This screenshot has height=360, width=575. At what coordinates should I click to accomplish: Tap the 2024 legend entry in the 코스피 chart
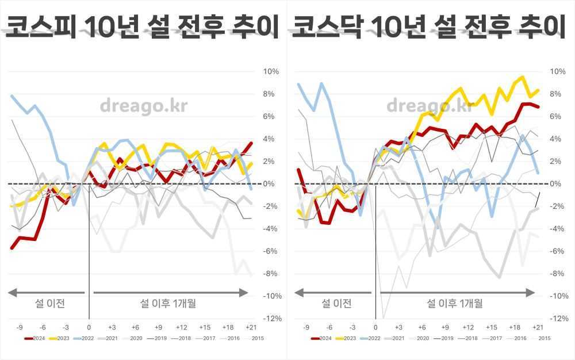(35, 338)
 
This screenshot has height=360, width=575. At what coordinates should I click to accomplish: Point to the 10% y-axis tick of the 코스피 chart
(270, 72)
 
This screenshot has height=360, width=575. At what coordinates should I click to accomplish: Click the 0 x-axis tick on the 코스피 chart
(89, 327)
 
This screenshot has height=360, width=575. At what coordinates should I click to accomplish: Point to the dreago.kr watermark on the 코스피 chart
(143, 106)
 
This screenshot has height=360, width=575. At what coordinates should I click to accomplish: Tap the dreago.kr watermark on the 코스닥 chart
(430, 106)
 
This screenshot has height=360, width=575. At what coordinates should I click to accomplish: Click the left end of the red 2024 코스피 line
(11, 248)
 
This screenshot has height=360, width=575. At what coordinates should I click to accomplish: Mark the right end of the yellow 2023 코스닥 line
(538, 90)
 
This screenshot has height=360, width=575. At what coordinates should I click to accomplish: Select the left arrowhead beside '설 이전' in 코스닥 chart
(298, 293)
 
